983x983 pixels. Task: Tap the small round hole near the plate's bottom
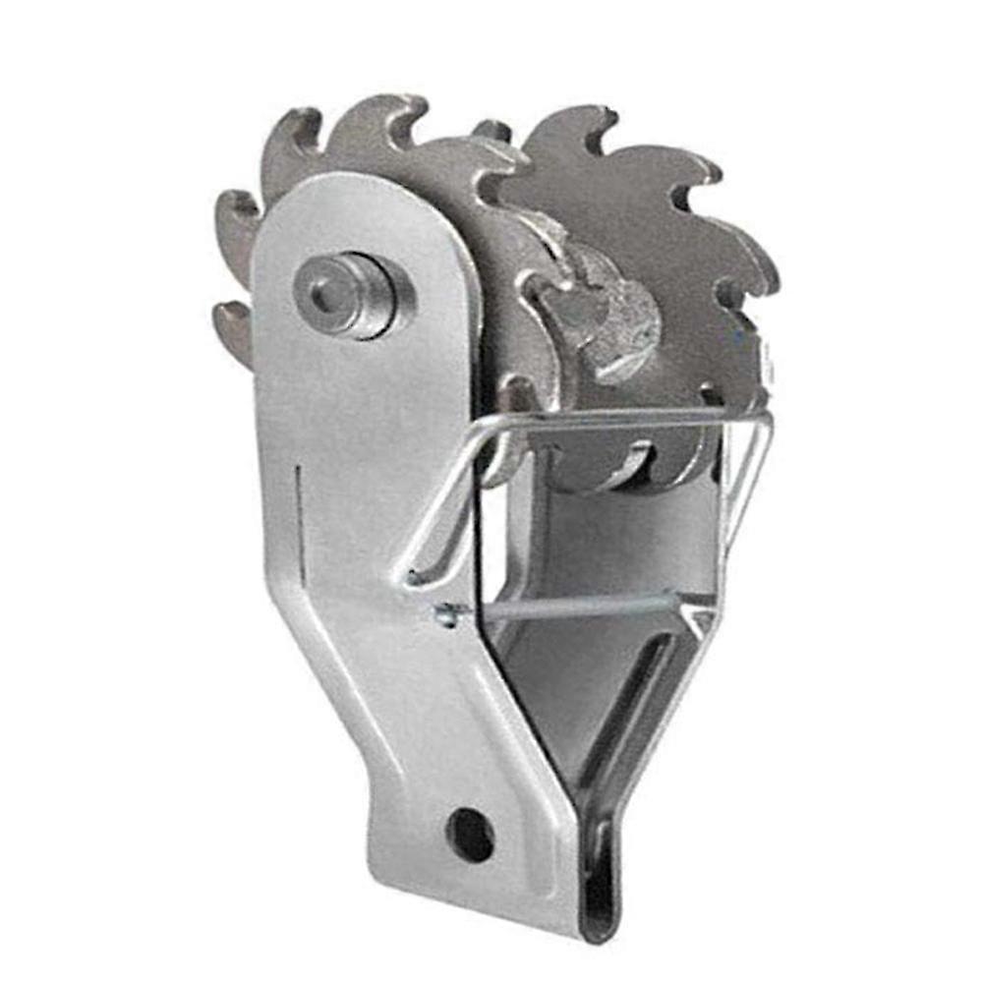coord(470,835)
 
